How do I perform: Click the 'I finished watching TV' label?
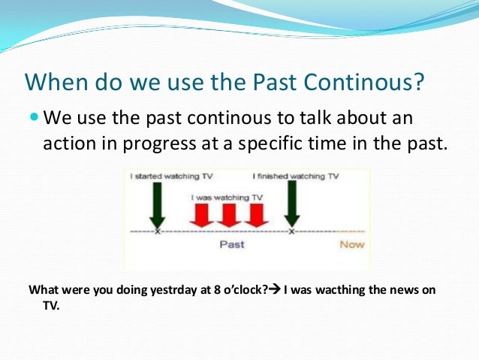(x=295, y=177)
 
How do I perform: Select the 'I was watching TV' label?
(x=227, y=197)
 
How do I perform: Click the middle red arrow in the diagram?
(x=228, y=213)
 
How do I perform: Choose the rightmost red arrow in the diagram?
(x=256, y=213)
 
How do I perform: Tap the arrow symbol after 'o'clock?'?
(x=274, y=289)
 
